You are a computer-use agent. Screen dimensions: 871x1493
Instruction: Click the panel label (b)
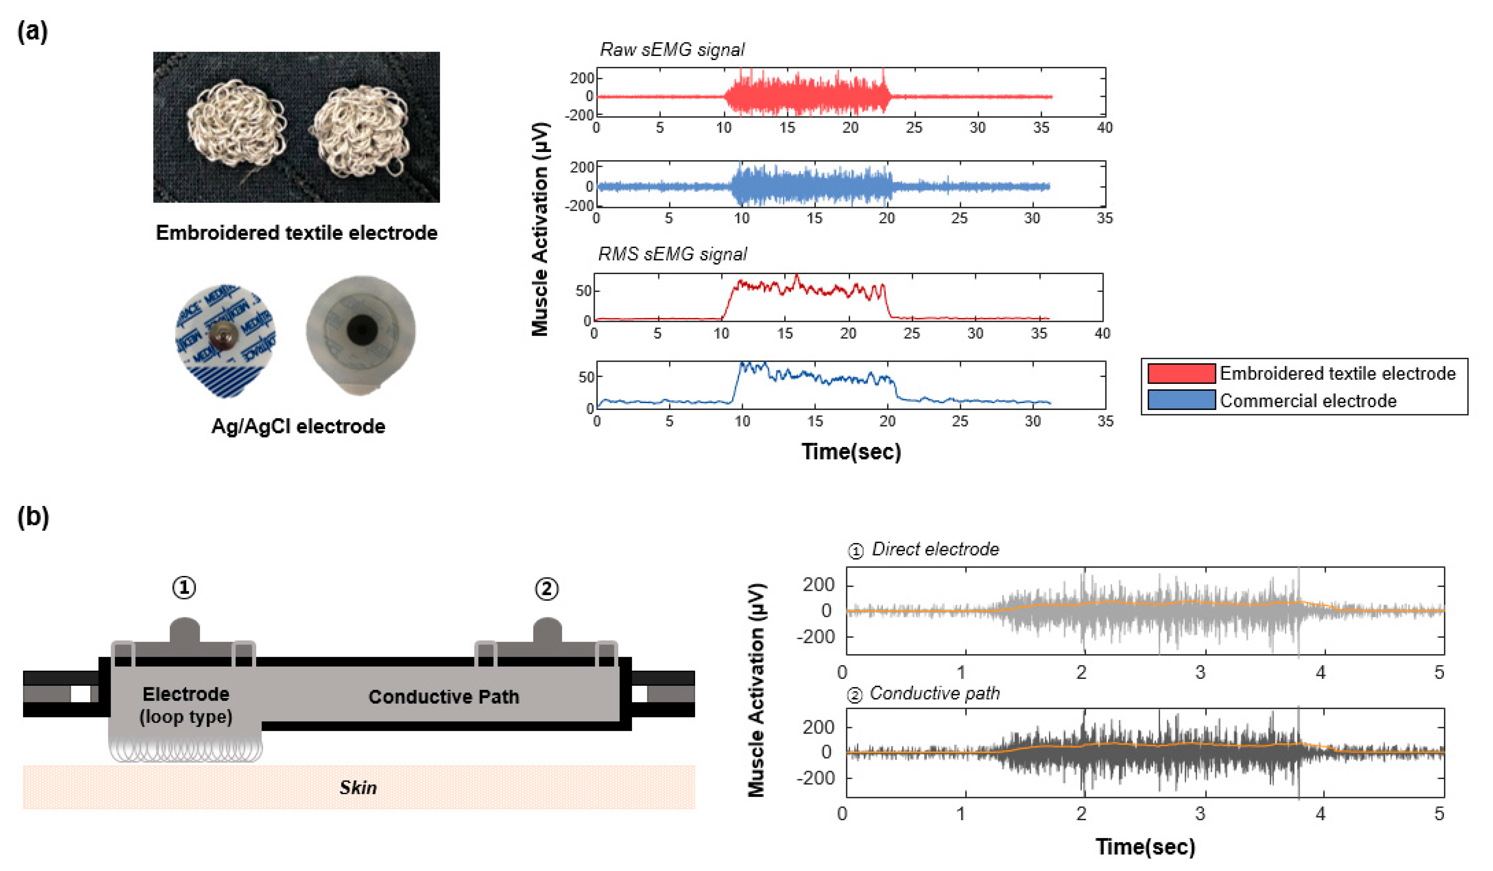click(x=32, y=517)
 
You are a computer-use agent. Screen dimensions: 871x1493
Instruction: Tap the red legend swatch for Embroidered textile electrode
click(x=1181, y=373)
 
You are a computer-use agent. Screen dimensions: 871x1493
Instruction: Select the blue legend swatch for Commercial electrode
click(x=1181, y=400)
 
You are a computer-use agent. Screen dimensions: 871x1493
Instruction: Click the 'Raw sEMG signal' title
click(x=672, y=50)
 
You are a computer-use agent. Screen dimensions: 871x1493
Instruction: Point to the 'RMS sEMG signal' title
click(x=672, y=254)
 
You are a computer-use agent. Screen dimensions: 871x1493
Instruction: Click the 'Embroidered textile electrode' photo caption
click(x=296, y=233)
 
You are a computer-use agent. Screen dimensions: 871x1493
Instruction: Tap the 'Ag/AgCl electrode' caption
click(x=298, y=426)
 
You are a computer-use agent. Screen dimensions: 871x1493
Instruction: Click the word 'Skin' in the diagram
click(x=358, y=787)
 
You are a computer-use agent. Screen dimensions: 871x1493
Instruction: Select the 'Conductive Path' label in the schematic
click(x=444, y=697)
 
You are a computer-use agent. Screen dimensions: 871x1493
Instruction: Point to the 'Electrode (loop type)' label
click(x=185, y=705)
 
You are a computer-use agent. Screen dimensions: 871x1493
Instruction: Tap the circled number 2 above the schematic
click(x=546, y=589)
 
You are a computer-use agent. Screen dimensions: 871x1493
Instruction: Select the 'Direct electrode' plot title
click(x=935, y=549)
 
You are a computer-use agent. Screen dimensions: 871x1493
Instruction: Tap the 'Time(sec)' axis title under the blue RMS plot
click(x=851, y=451)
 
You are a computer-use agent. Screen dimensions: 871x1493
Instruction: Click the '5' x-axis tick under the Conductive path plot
click(x=1438, y=813)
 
